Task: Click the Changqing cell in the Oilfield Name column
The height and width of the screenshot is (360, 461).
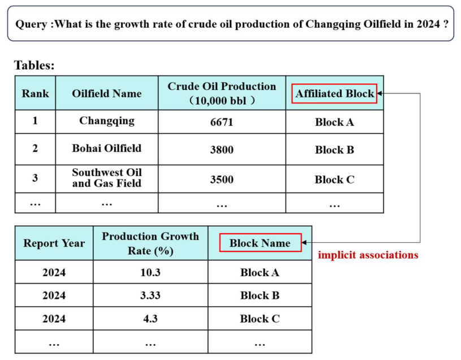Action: coord(107,121)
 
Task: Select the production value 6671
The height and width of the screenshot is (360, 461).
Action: coord(222,122)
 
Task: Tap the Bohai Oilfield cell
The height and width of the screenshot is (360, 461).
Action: coord(107,148)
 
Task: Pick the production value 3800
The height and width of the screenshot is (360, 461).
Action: coord(222,149)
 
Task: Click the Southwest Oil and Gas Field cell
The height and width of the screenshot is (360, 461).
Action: coord(107,178)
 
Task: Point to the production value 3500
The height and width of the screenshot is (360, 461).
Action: coord(222,179)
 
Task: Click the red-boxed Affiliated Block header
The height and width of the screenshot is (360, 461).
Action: coord(334,93)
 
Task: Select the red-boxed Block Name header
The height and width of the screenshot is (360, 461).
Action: coord(261,243)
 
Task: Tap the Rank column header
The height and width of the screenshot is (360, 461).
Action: coord(35,93)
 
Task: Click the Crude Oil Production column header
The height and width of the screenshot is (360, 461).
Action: coord(222,93)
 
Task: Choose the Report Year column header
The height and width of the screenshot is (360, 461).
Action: coord(54,243)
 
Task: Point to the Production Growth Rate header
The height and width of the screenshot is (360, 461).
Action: coord(150,243)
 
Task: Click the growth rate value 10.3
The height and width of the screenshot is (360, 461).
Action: coord(150,272)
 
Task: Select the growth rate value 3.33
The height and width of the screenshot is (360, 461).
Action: coord(150,295)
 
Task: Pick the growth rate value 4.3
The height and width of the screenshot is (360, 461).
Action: coord(150,319)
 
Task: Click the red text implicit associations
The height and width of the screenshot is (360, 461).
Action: coord(368,255)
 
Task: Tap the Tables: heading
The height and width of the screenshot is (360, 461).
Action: coord(35,65)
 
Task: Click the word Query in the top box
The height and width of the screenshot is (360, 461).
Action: coord(31,24)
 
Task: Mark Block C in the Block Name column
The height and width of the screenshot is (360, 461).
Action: coord(260,319)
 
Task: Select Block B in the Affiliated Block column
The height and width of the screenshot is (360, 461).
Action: coord(334,149)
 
